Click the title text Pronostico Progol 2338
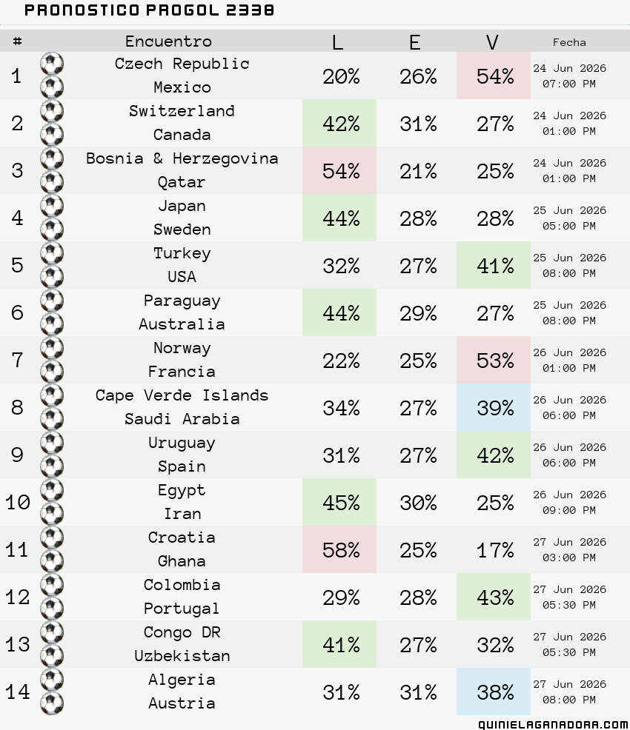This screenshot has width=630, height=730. coord(149,10)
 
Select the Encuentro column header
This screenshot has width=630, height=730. coord(169,41)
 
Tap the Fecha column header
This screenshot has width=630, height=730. coord(569,42)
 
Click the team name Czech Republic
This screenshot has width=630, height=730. coord(182,64)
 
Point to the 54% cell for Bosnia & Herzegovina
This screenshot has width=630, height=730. coord(339,171)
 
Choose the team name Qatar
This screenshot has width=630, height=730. coord(182,182)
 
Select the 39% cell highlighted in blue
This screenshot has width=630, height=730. coord(494,407)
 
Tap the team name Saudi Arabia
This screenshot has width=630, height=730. coord(182,419)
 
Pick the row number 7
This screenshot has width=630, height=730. coord(17,360)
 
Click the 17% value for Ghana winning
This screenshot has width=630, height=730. coord(495,550)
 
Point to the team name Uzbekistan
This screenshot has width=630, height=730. coord(182,656)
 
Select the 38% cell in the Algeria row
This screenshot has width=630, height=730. coord(494,692)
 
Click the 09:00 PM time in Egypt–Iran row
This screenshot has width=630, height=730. coord(569,510)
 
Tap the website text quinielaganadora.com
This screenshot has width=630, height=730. coord(553,724)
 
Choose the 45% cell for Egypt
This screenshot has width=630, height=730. coord(339,503)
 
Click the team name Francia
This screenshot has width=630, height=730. coord(182,372)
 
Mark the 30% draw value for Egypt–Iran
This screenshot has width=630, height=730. coord(418,503)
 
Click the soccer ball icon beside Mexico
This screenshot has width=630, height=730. coord(52,87)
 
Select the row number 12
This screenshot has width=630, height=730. coord(17,597)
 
